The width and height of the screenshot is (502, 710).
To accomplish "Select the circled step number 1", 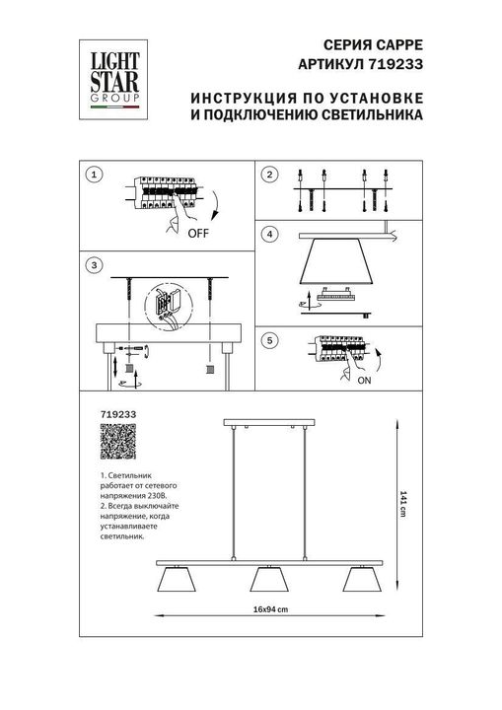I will tap(94, 176).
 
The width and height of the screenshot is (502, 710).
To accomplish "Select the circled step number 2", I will tap(268, 176).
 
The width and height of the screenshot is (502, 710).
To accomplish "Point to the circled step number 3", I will tap(94, 265).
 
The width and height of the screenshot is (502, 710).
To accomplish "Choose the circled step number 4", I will tap(268, 234).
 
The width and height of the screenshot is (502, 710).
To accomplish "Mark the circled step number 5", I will tap(268, 340).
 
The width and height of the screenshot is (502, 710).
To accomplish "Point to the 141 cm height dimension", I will tap(404, 503).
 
